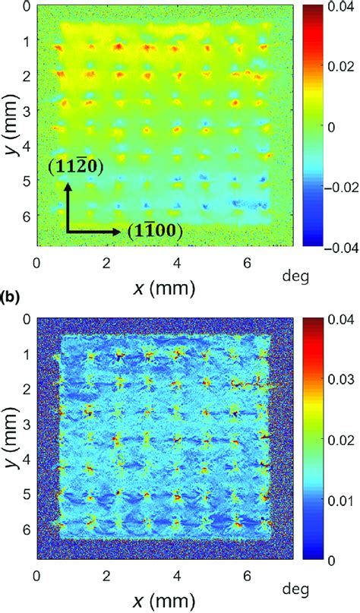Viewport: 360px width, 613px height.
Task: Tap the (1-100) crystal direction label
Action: click(x=154, y=231)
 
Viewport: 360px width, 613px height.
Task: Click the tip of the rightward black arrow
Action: click(x=121, y=230)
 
